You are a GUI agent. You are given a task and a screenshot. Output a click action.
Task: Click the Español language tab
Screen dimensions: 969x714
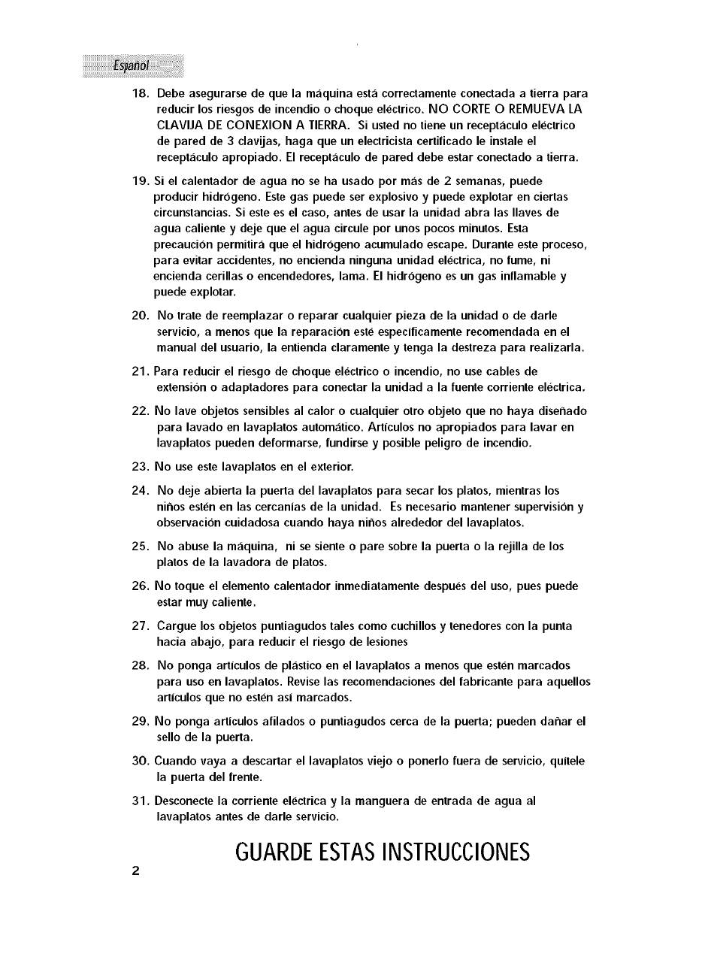[132, 65]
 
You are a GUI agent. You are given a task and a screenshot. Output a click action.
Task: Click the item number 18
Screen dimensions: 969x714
[141, 94]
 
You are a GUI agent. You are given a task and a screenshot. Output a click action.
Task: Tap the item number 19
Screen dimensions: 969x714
[141, 181]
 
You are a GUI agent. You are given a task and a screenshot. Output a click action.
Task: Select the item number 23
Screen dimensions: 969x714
[141, 467]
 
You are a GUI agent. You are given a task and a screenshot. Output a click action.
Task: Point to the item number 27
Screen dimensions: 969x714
[141, 626]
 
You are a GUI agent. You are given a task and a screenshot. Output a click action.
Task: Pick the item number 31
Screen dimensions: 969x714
[141, 801]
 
